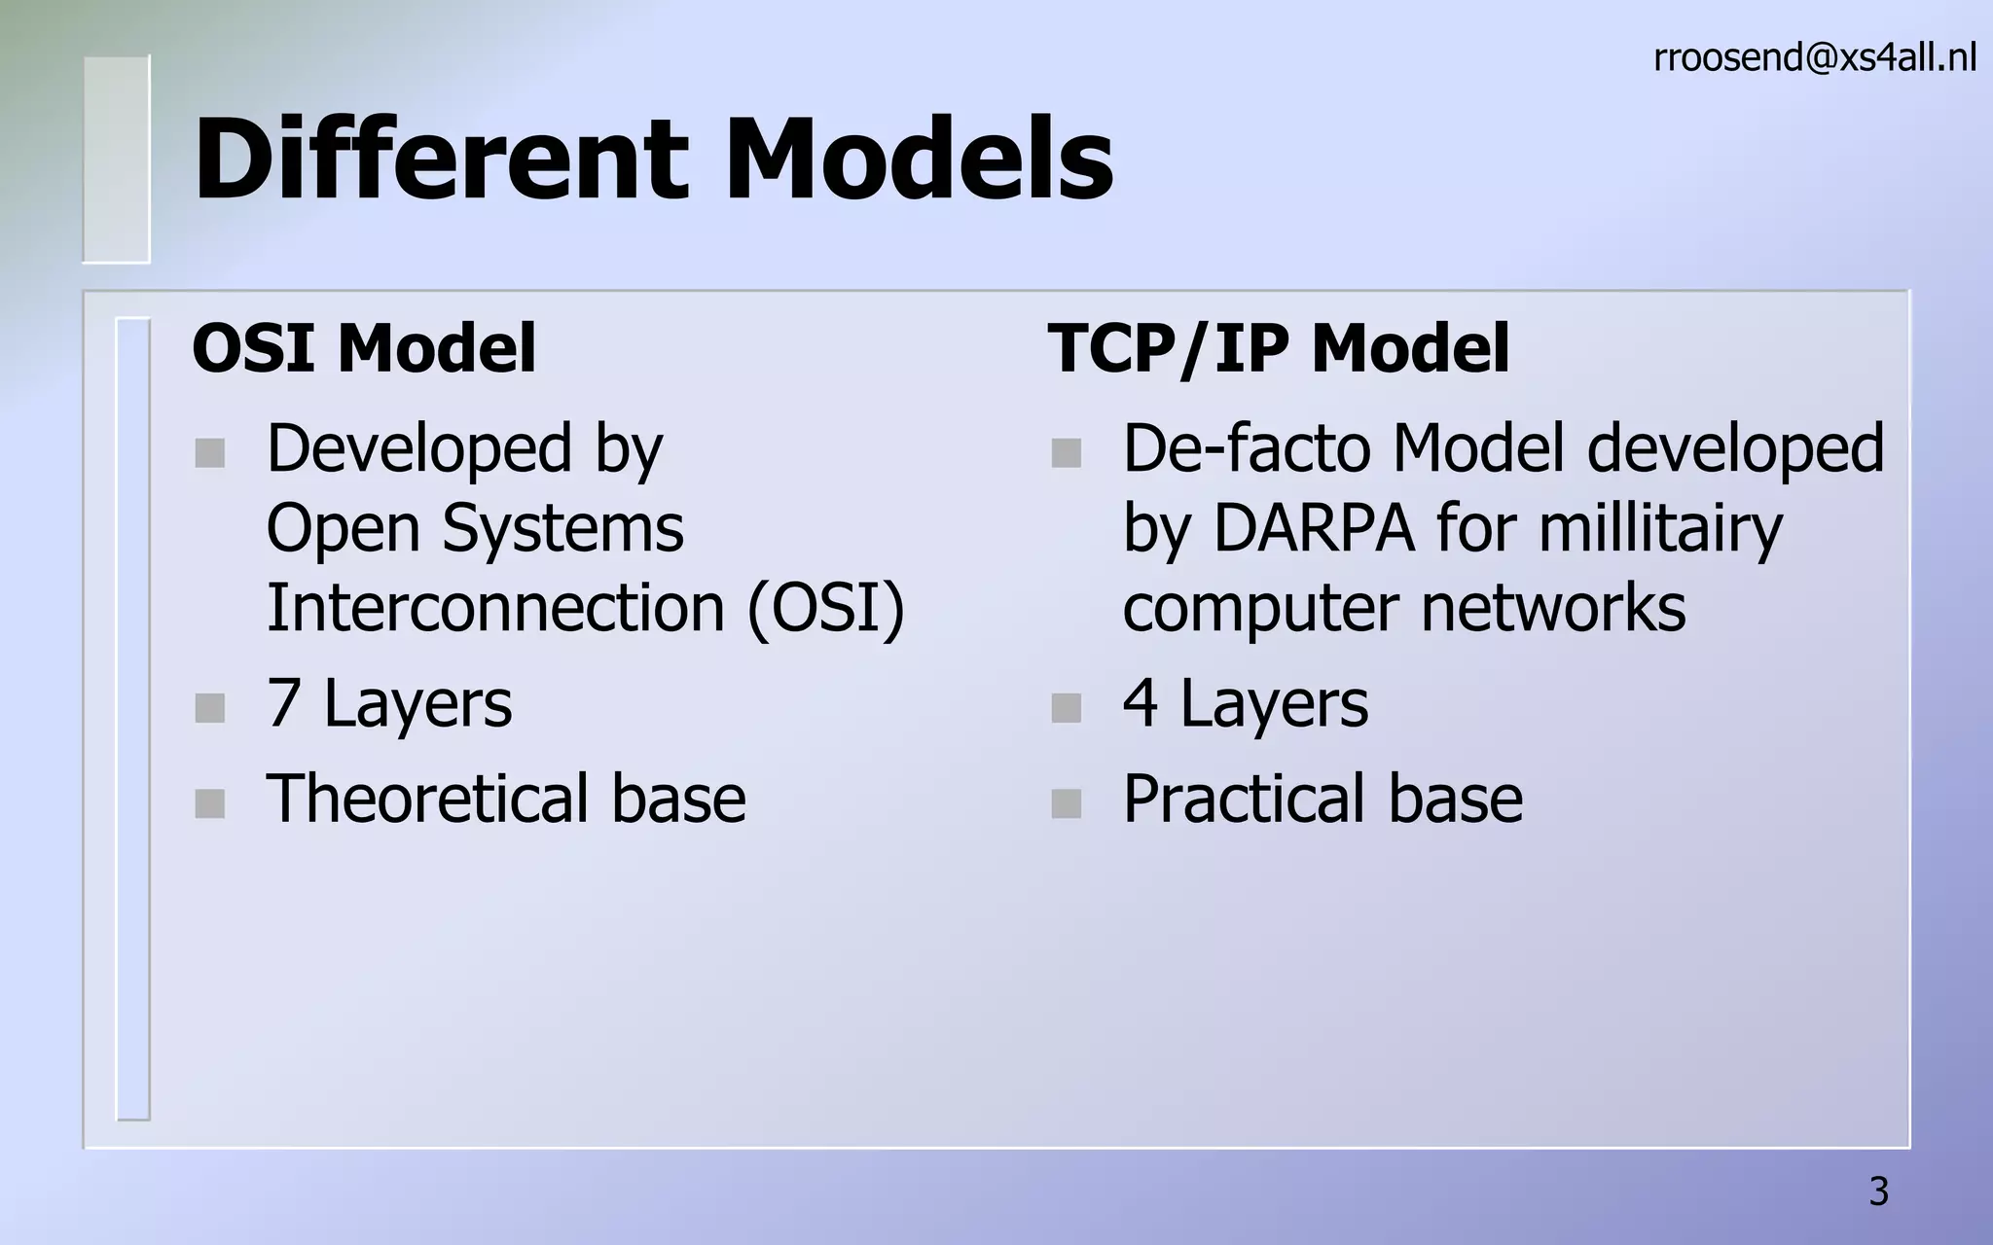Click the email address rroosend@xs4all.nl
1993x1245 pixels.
coord(1814,58)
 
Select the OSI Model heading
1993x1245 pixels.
coord(364,348)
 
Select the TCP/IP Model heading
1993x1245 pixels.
coord(1278,348)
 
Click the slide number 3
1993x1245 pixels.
coord(1878,1192)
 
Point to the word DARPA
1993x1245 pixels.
coord(1313,528)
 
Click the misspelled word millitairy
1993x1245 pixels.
coord(1660,528)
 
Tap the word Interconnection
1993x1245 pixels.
coord(495,608)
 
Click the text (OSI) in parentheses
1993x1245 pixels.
coord(825,608)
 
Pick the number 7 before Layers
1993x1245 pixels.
coord(283,703)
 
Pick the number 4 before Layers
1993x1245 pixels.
coord(1140,703)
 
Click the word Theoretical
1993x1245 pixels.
coord(425,799)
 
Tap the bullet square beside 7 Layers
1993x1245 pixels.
coord(209,708)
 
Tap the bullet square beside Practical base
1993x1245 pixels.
coord(1066,803)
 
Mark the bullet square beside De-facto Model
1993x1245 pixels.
coord(1066,453)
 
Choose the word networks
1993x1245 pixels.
coord(1553,608)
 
